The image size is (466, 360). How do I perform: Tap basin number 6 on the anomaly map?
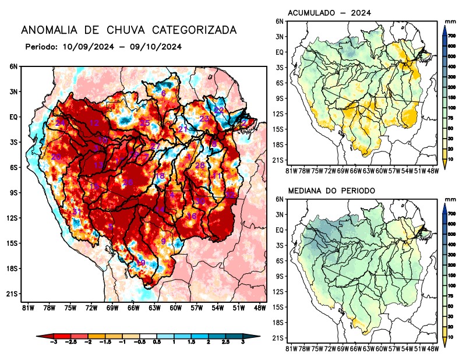pyautogui.click(x=164, y=93)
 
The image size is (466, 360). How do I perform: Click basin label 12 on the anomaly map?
pyautogui.click(x=94, y=123)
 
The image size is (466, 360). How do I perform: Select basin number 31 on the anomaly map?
pyautogui.click(x=76, y=211)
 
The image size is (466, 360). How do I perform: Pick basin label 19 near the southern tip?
pyautogui.click(x=140, y=263)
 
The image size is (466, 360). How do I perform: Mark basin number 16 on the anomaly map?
pyautogui.click(x=191, y=216)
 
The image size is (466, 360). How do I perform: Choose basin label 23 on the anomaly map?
pyautogui.click(x=204, y=119)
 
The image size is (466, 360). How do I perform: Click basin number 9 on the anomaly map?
pyautogui.click(x=164, y=241)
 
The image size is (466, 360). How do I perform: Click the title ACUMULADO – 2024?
pyautogui.click(x=330, y=13)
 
